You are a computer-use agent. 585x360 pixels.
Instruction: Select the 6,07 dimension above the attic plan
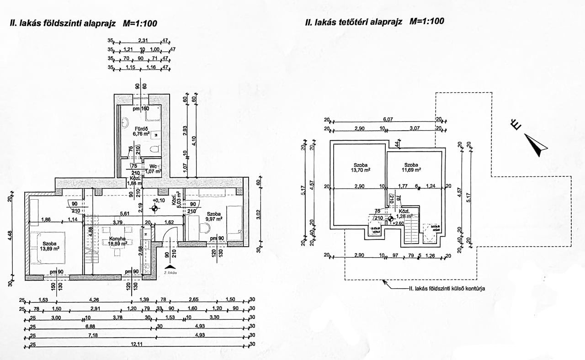tap(388, 119)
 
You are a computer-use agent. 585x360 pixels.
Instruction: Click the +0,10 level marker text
tap(160, 201)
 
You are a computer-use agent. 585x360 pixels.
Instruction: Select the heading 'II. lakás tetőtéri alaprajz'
tap(375, 21)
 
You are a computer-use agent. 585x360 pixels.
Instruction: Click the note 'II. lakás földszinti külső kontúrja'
tap(446, 289)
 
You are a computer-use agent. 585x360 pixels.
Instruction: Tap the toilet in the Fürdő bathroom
tap(155, 148)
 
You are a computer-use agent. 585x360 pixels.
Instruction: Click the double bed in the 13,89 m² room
tap(48, 246)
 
